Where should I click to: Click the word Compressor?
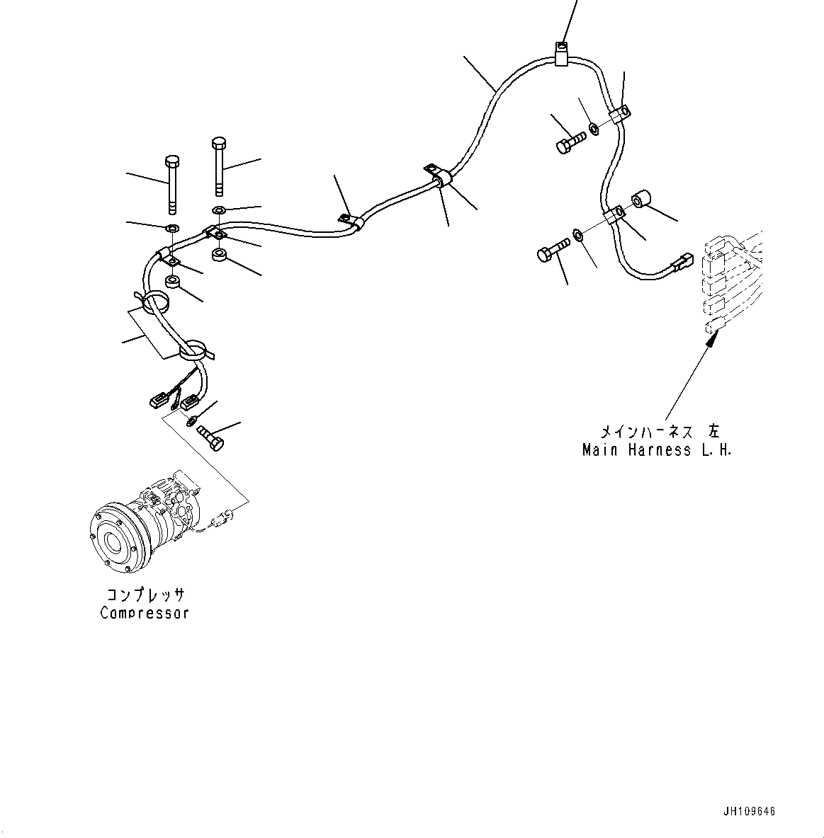click(x=145, y=613)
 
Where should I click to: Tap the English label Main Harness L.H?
click(x=656, y=449)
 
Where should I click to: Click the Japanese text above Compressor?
click(x=145, y=595)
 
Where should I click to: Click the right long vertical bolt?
click(x=218, y=167)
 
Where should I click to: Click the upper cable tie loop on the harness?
click(x=157, y=304)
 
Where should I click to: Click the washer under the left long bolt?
click(x=172, y=229)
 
